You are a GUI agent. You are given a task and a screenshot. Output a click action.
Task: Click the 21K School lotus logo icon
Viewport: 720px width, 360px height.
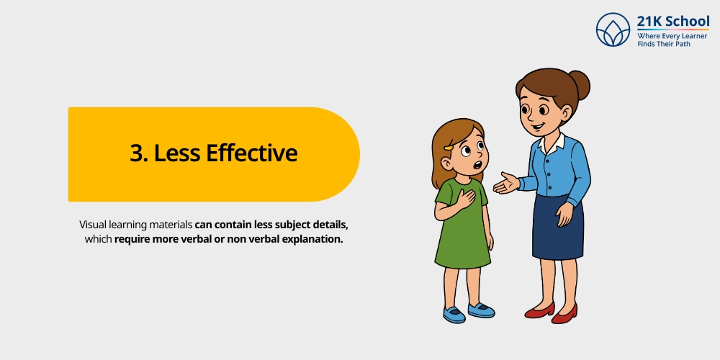(x=613, y=30)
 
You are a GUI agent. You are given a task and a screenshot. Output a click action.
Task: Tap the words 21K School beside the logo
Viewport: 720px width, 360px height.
(x=673, y=21)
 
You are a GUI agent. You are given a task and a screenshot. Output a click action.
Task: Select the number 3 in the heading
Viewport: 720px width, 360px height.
(x=136, y=153)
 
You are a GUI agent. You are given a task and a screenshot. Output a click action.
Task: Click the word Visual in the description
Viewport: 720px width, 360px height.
(x=94, y=225)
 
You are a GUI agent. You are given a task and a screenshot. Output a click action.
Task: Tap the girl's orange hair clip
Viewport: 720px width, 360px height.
(x=449, y=148)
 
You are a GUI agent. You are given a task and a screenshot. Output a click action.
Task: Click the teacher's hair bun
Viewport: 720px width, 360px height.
(x=577, y=85)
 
